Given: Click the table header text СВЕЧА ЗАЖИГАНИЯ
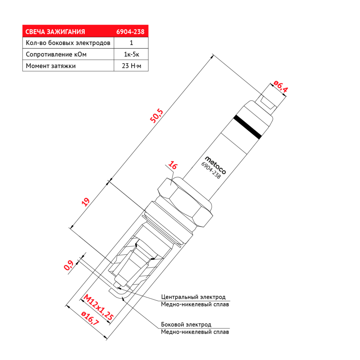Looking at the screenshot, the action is tap(55, 32).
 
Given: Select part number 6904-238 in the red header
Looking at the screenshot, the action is tap(130, 32).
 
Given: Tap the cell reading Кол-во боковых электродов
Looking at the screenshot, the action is tap(68, 43).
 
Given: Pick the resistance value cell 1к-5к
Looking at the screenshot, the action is tap(131, 54).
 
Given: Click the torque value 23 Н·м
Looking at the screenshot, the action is tap(131, 66).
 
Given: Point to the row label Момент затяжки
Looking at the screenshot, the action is tap(51, 66).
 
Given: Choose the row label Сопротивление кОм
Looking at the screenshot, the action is tap(56, 54).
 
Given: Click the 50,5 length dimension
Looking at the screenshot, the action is tap(156, 116).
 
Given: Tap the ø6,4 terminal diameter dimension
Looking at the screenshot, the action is tap(280, 86).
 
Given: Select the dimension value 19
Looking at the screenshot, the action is tap(86, 202).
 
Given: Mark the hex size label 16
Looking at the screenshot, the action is tap(173, 165).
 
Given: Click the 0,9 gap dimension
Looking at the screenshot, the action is tap(68, 265).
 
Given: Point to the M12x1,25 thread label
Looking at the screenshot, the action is tap(99, 307).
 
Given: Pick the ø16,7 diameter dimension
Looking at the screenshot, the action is tap(90, 318).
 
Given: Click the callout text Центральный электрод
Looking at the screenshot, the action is tap(193, 297).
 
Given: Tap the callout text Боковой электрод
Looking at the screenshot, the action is tap(186, 324).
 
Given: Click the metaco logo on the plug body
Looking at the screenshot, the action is tap(215, 165).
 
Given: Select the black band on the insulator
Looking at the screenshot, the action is tap(247, 127).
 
